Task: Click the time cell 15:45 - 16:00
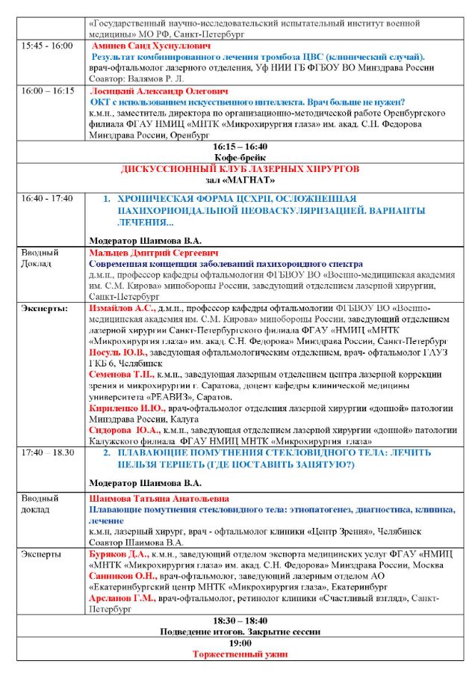[x=47, y=46]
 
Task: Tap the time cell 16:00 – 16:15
[x=49, y=90]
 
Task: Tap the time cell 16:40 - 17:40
[x=47, y=199]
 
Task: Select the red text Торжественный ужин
[x=240, y=654]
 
